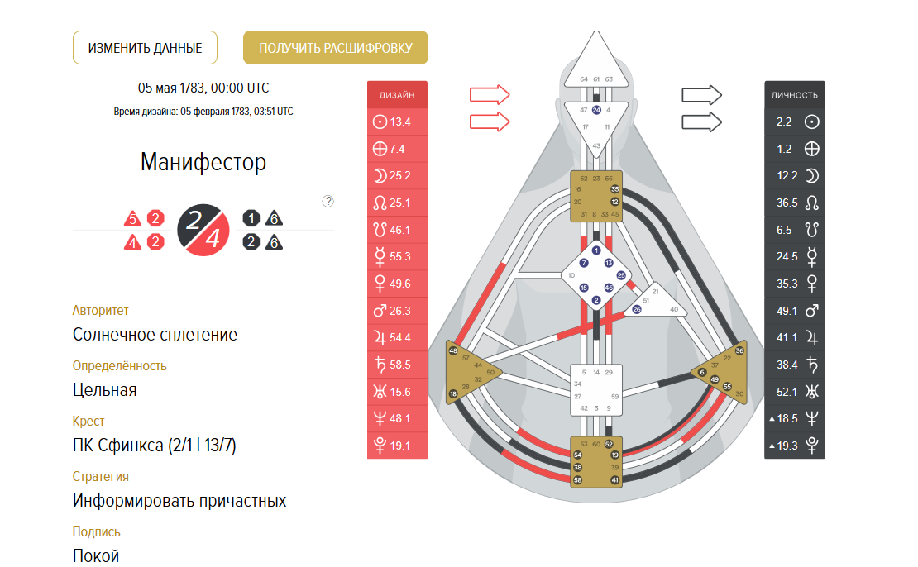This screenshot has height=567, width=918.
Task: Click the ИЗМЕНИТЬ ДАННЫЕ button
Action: pyautogui.click(x=145, y=48)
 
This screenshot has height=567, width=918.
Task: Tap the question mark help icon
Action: pyautogui.click(x=328, y=201)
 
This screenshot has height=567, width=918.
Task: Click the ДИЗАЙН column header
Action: pyautogui.click(x=397, y=95)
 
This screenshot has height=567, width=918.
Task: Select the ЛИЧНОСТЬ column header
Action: pyautogui.click(x=795, y=95)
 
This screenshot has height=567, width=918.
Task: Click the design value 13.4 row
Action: pyautogui.click(x=397, y=122)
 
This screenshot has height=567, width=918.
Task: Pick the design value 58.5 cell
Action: pyautogui.click(x=397, y=364)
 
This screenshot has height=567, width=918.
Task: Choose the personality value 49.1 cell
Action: pyautogui.click(x=795, y=311)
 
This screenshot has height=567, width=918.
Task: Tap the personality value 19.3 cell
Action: pyautogui.click(x=795, y=445)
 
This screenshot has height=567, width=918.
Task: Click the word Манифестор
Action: pyautogui.click(x=203, y=162)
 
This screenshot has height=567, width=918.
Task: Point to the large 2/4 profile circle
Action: pyautogui.click(x=203, y=229)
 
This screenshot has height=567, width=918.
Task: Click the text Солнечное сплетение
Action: pyautogui.click(x=155, y=335)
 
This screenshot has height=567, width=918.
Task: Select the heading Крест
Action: pyautogui.click(x=88, y=421)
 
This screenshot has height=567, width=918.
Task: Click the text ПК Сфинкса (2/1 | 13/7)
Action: pyautogui.click(x=155, y=446)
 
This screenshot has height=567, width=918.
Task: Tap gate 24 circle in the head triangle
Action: pyautogui.click(x=596, y=110)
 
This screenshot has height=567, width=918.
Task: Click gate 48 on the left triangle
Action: pyautogui.click(x=453, y=350)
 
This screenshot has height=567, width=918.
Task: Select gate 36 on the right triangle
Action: pyautogui.click(x=739, y=350)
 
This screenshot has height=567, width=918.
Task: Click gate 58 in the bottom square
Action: pyautogui.click(x=577, y=480)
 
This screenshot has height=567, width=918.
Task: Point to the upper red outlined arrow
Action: pyautogui.click(x=490, y=94)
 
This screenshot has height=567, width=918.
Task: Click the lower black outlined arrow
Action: pyautogui.click(x=701, y=122)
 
